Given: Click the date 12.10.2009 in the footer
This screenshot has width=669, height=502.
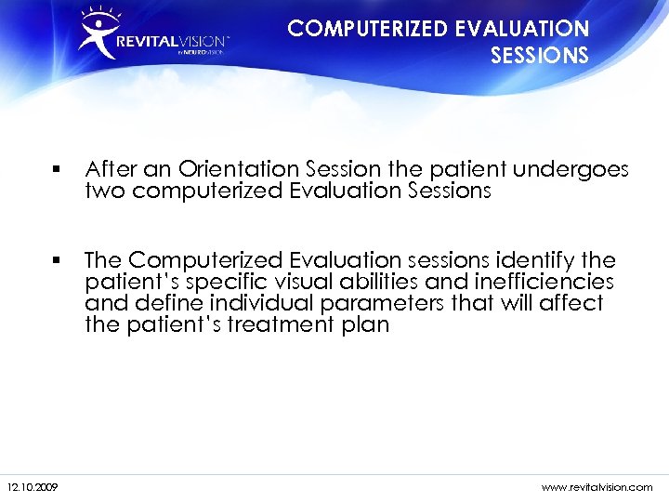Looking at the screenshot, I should (33, 487).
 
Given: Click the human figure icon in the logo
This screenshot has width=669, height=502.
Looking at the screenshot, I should (97, 35).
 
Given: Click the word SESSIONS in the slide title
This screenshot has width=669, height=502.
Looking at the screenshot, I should (539, 56).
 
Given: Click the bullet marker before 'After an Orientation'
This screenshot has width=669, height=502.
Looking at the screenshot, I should (58, 170).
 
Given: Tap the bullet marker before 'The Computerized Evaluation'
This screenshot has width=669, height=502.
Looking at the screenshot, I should (58, 259).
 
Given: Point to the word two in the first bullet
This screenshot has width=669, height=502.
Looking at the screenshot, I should (105, 192).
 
